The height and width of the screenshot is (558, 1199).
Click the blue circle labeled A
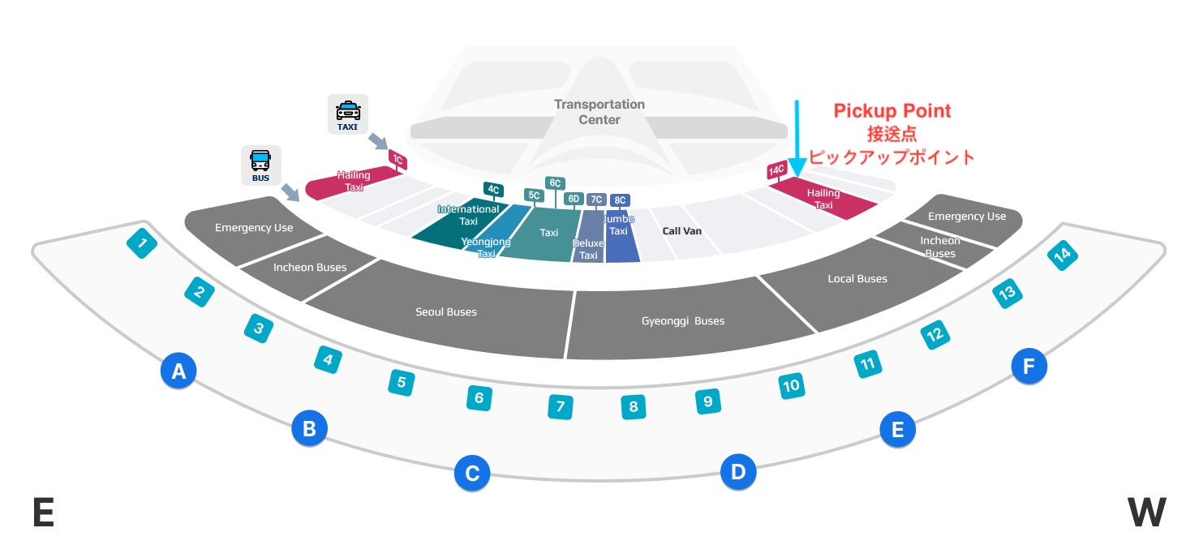[x=178, y=371]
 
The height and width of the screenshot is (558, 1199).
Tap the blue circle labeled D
[x=738, y=471]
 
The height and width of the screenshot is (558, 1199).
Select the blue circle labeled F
[x=1029, y=367]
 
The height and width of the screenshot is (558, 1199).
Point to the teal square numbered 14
[x=1062, y=255]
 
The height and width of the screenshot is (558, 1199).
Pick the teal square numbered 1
[x=143, y=243]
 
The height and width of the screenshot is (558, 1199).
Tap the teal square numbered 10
[x=791, y=385]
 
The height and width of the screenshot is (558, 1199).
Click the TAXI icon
[x=348, y=114]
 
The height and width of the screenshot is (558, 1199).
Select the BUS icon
[x=261, y=165]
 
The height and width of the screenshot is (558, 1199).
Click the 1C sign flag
[x=398, y=160]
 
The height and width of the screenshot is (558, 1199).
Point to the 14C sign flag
[x=776, y=170]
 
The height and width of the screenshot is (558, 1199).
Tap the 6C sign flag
[x=556, y=183]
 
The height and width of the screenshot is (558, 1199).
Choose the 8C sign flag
[x=620, y=200]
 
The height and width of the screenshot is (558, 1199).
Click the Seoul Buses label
[x=446, y=312]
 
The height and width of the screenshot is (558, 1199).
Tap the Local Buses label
[x=857, y=279]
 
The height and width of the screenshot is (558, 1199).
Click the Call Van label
[x=681, y=231]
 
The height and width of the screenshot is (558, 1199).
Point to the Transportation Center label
[x=599, y=112]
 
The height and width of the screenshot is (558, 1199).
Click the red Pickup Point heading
[x=892, y=111]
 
